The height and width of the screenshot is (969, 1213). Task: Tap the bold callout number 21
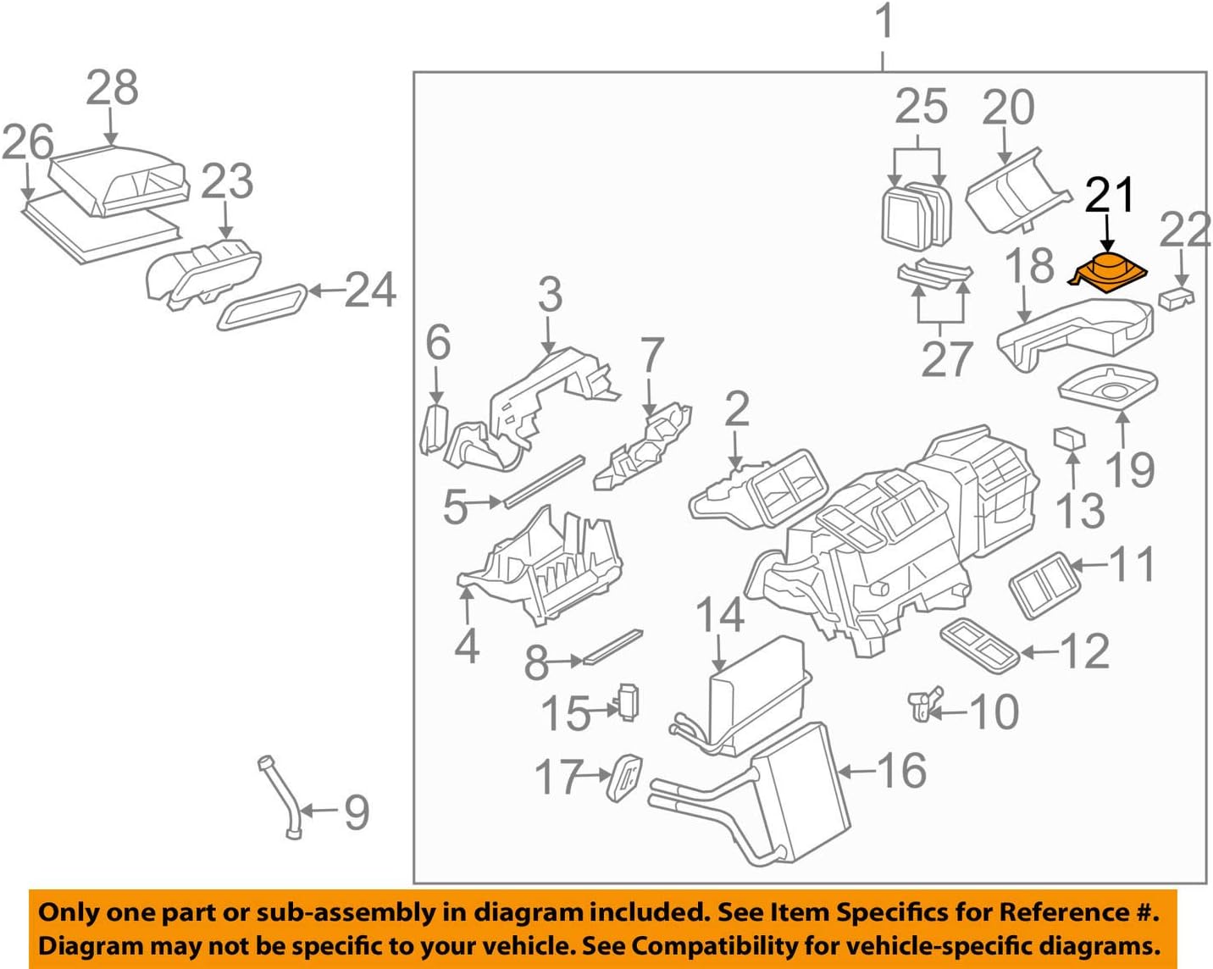1109,196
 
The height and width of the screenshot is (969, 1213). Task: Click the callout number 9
356,812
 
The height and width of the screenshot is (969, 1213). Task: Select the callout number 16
901,771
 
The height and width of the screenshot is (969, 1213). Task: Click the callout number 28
112,88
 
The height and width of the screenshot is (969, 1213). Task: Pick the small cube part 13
1069,438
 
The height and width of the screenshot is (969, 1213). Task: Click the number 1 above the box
883,21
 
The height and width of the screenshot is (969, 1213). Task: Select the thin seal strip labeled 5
544,481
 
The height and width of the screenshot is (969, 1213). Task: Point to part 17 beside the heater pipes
624,777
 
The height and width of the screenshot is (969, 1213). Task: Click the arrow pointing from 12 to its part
1039,651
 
